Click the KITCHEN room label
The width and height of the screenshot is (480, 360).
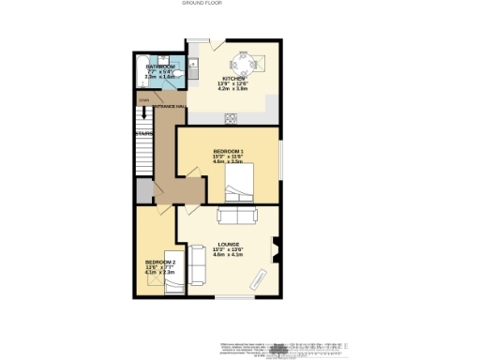pos(233,79)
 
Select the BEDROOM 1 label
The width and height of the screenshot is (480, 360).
pos(228,151)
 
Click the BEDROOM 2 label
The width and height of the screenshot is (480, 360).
pos(157,261)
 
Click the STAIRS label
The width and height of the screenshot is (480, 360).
pos(143,133)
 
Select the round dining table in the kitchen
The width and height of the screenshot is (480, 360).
pos(247,63)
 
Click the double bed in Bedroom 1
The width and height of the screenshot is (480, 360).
pos(237,184)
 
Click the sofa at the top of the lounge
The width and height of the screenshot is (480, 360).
pos(236,217)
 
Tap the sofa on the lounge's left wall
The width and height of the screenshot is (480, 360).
pos(197,266)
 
